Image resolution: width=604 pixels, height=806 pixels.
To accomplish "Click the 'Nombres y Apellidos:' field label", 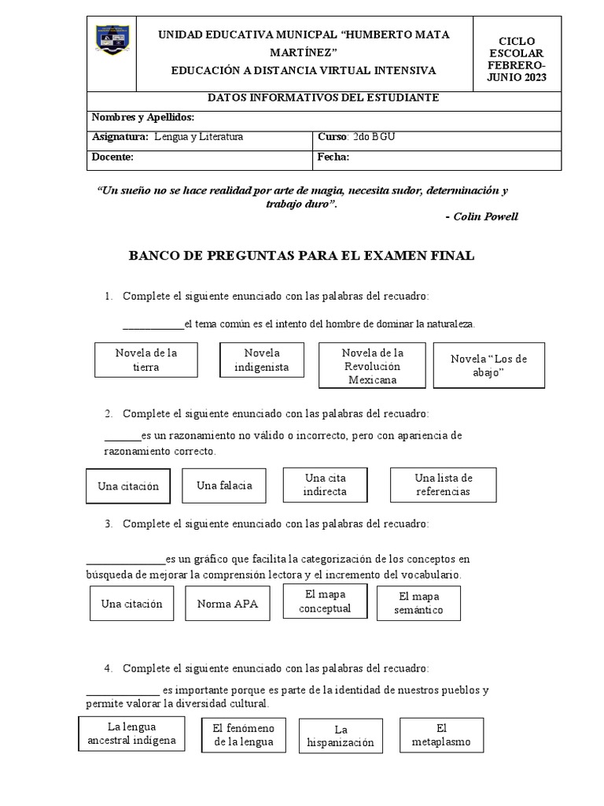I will tap(143, 117).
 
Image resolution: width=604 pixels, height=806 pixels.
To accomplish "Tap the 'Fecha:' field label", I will tap(333, 157).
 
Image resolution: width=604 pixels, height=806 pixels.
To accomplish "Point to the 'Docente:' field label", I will tap(113, 157).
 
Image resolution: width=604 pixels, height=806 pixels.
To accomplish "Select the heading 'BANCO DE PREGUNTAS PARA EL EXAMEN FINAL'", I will tap(301, 257).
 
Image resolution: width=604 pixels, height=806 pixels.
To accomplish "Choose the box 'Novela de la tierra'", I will tap(146, 360).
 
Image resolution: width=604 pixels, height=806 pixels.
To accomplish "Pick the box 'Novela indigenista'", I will tap(262, 360).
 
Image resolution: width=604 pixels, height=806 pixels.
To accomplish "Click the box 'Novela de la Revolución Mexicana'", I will tap(372, 366).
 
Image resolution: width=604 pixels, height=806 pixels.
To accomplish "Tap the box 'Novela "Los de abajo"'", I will tap(488, 366).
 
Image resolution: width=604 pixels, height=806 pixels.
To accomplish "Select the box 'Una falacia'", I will tap(224, 486).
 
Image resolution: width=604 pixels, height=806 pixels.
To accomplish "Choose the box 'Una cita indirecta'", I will tap(325, 484).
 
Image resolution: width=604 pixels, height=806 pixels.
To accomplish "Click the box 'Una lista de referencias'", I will tap(443, 485).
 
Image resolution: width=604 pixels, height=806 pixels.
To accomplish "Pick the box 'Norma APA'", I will tap(227, 604).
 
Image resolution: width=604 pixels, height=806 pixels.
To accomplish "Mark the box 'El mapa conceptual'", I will tap(325, 602).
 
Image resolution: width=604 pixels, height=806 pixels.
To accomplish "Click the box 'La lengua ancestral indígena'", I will tap(132, 734).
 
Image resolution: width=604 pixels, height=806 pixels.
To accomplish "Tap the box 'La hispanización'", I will tap(340, 736).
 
